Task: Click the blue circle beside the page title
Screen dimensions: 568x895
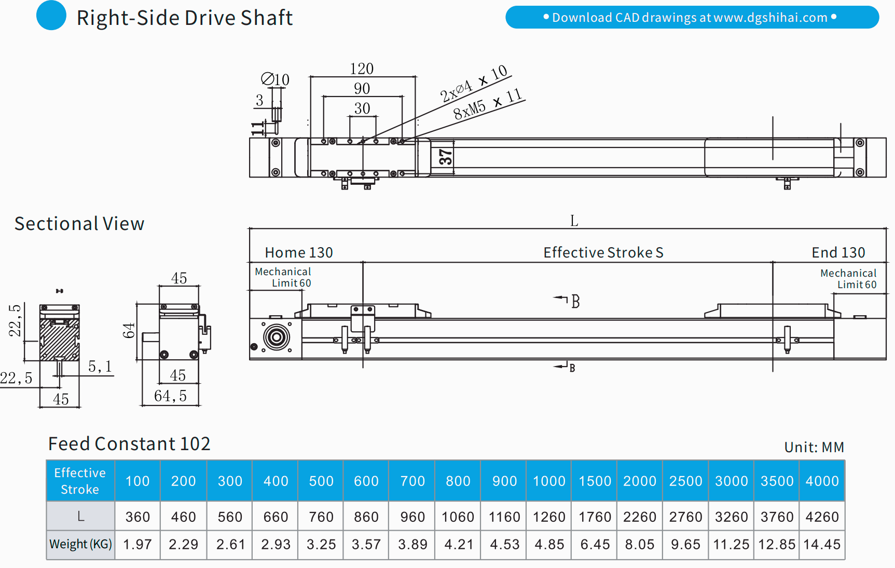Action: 51,16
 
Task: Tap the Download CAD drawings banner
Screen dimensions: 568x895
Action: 692,17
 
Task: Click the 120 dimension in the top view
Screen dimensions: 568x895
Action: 362,69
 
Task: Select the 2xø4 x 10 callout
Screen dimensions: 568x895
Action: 473,83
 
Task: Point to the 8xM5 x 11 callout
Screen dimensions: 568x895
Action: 487,104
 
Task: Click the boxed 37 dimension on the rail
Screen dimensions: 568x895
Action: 445,156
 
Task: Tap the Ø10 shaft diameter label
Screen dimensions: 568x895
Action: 276,79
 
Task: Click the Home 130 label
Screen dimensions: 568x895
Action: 299,252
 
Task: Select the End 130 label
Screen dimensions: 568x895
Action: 838,252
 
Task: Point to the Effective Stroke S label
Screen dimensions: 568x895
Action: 603,252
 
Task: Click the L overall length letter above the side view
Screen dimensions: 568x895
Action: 574,221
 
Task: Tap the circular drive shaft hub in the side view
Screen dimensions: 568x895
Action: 277,337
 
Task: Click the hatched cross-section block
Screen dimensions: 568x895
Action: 60,340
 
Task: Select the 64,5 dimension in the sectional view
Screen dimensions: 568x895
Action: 170,396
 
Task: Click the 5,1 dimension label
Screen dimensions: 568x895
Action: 100,367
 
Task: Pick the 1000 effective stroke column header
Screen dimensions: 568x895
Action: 549,481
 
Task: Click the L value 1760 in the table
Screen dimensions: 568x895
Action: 595,517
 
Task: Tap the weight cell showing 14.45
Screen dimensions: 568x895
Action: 822,545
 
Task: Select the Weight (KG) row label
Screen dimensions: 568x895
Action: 80,545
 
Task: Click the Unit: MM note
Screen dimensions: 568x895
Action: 814,447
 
